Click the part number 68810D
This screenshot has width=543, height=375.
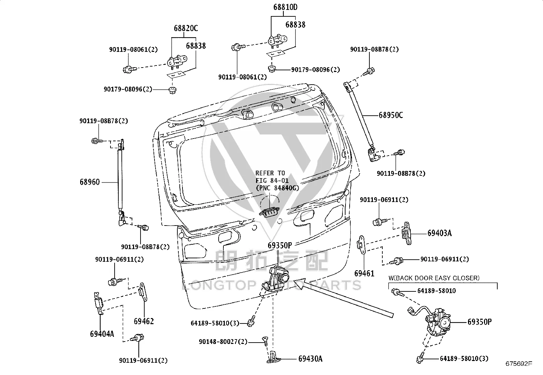[x=285, y=7]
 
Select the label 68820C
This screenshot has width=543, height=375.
[x=186, y=28]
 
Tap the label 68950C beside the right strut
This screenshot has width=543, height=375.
[x=391, y=115]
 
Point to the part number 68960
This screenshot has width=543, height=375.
[x=90, y=182]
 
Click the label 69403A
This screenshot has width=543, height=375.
[x=440, y=233]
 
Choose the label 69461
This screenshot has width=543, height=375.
[x=364, y=273]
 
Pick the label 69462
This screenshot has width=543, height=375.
[x=144, y=321]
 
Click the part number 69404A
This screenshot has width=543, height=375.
[x=102, y=334]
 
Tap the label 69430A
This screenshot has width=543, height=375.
[x=310, y=359]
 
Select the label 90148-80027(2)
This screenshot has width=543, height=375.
[x=223, y=342]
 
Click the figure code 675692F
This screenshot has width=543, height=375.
[x=519, y=364]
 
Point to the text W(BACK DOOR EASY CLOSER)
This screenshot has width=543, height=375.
[x=434, y=278]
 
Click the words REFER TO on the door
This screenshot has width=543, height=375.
[x=270, y=173]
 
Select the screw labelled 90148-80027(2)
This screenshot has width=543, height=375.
[x=265, y=341]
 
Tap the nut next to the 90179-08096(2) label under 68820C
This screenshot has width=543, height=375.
[x=172, y=90]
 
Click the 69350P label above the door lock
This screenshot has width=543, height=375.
[x=280, y=245]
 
